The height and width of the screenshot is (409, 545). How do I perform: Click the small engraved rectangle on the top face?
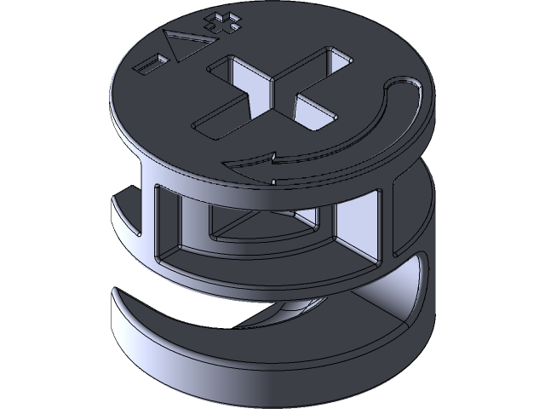click(x=153, y=62)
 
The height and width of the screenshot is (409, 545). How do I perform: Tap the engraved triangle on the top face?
click(x=182, y=45)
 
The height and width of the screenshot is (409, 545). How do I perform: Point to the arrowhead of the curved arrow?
click(x=271, y=158)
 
